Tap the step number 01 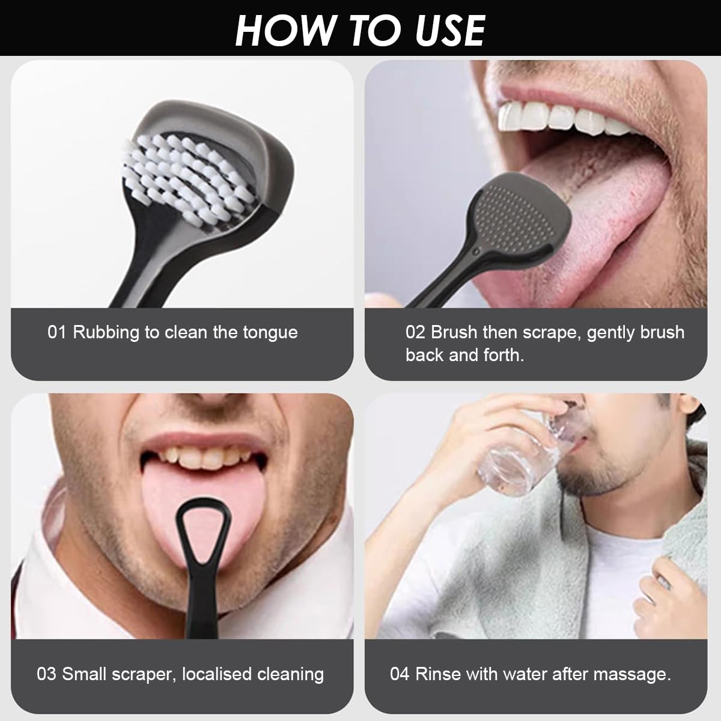pyautogui.click(x=56, y=332)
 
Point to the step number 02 pyautogui.click(x=415, y=332)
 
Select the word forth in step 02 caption pyautogui.click(x=504, y=355)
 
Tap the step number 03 pyautogui.click(x=47, y=674)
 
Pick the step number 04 pyautogui.click(x=400, y=674)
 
